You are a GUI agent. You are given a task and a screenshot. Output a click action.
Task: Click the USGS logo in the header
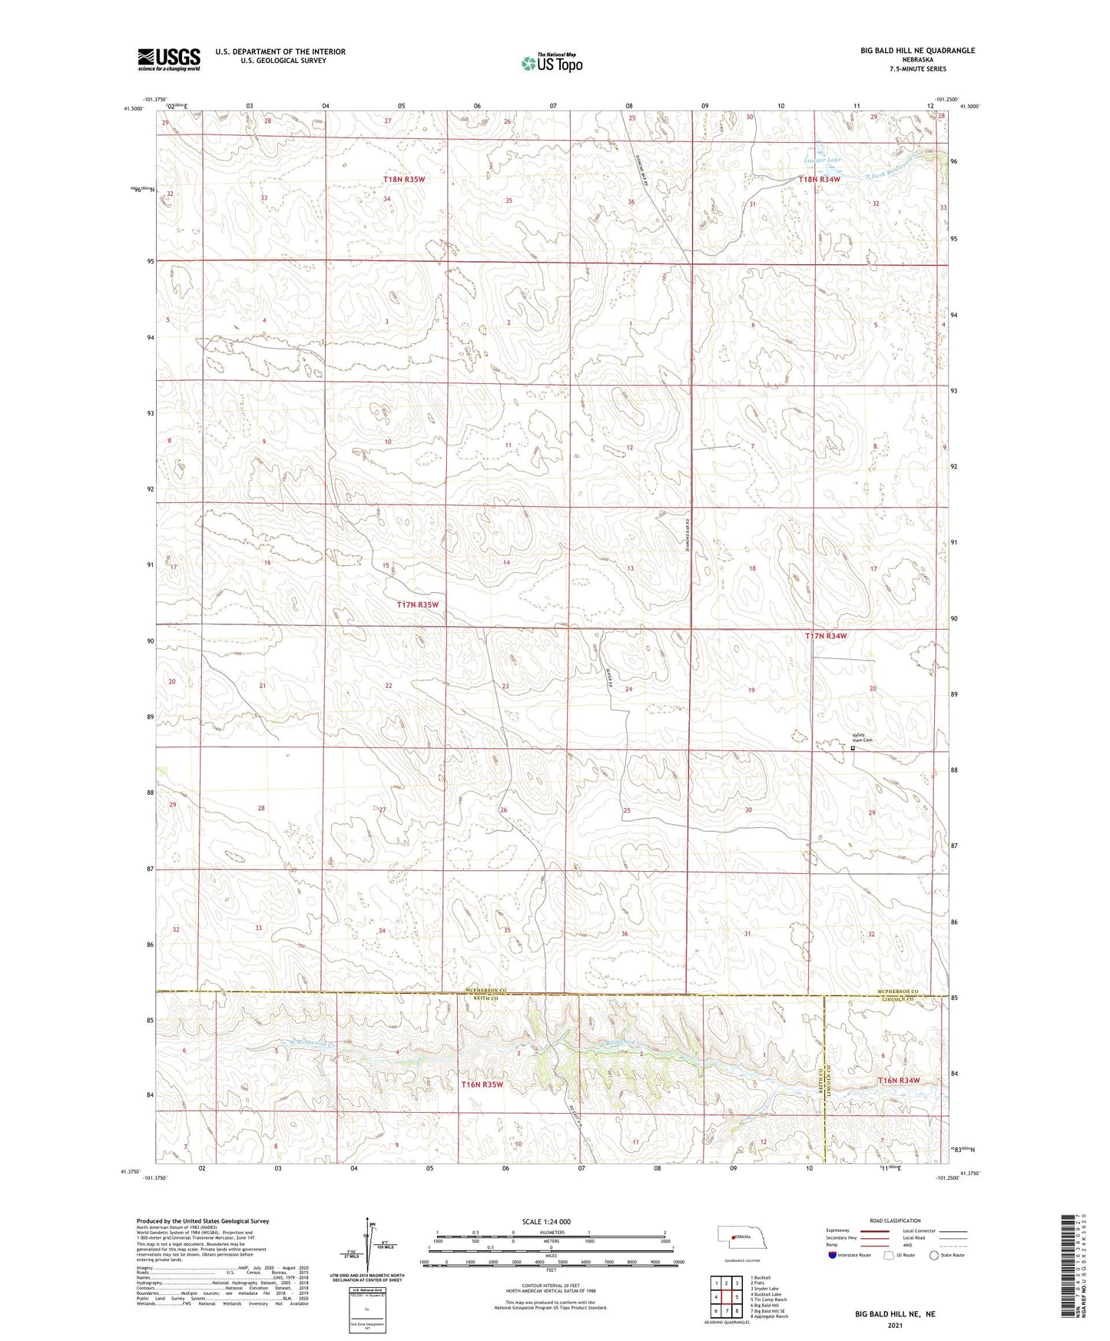169,59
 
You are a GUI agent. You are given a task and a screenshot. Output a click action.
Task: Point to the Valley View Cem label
863,738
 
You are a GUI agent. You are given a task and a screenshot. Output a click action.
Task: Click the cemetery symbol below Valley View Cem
853,747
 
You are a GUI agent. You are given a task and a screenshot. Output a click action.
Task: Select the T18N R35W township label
404,179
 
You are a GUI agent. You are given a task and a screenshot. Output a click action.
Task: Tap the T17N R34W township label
826,636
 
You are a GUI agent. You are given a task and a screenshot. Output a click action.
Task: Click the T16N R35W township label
482,1084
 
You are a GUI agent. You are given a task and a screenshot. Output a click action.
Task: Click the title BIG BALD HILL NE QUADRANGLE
917,51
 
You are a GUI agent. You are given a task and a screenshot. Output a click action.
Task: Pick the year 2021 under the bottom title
895,1326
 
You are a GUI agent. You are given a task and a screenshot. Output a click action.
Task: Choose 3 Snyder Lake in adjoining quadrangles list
764,1289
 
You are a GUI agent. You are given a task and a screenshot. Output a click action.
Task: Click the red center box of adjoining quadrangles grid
726,1296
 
